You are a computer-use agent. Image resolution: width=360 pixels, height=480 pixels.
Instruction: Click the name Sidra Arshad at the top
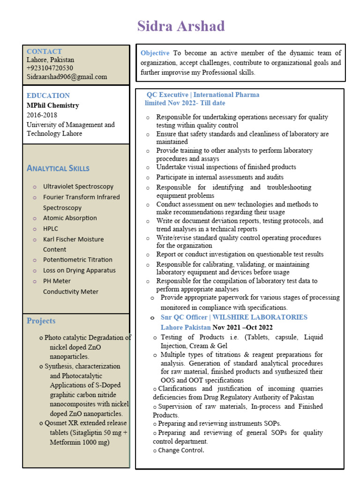pos(181,26)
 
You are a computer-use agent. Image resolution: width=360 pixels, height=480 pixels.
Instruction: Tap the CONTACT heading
pos(44,52)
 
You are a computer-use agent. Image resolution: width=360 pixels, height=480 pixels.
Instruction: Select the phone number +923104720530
pos(50,68)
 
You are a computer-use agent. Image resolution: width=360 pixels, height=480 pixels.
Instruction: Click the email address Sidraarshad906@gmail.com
pos(67,77)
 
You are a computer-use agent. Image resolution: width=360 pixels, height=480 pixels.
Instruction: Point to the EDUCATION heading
pos(48,96)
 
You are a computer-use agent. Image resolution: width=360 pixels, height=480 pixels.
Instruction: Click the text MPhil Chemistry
pos(52,105)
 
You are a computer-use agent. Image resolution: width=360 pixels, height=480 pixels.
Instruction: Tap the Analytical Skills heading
pos(58,168)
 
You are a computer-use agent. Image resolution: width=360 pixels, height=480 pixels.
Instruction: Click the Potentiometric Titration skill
pos(78,260)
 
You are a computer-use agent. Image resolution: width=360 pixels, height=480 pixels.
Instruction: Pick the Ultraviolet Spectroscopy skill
pos(78,187)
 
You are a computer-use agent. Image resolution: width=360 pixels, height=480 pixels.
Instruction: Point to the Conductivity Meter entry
pos(71,292)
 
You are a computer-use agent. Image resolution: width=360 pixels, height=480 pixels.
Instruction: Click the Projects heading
pos(41,321)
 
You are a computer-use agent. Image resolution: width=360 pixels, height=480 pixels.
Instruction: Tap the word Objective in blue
pos(155,53)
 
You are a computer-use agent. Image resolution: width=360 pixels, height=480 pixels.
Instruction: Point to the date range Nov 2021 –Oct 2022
pos(242,327)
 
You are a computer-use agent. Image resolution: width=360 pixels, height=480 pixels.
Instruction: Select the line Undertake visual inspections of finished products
pos(226,167)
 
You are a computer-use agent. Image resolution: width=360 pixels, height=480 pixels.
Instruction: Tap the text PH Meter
pos(57,281)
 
